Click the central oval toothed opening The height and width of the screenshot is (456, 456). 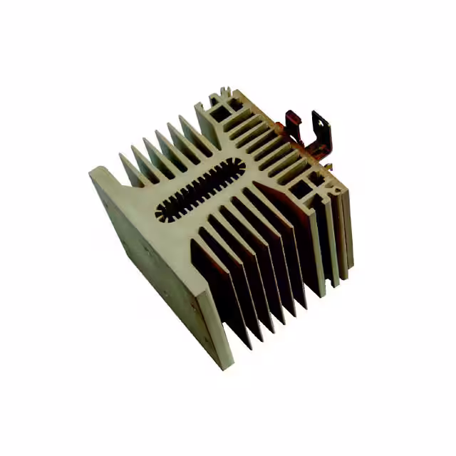(x=200, y=189)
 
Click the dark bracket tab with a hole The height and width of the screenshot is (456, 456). (x=323, y=132)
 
